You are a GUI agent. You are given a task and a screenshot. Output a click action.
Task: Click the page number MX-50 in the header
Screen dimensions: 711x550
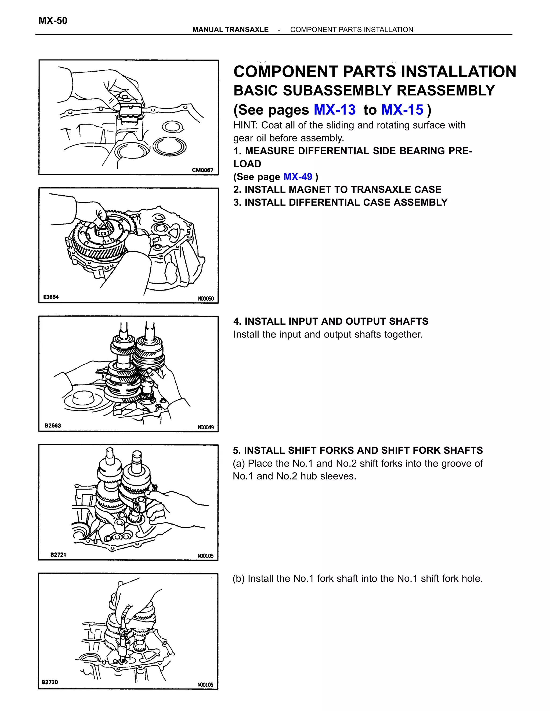53,21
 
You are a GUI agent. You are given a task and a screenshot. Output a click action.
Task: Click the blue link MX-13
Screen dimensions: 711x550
335,110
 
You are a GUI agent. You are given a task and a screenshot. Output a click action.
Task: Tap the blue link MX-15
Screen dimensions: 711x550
402,110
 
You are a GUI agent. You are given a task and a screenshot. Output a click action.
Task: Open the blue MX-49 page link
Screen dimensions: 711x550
298,177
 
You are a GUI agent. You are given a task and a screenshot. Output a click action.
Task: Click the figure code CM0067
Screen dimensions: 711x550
202,170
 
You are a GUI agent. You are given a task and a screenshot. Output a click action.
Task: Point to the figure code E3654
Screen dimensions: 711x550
51,297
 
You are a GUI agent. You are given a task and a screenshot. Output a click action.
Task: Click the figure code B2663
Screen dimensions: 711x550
53,426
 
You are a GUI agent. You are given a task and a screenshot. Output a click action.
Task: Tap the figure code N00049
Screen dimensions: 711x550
206,427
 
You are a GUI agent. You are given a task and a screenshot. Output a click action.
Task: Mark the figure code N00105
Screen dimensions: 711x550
205,556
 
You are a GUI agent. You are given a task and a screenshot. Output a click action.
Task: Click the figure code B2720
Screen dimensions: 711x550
50,682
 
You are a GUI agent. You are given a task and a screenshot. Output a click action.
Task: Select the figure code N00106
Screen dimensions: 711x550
205,685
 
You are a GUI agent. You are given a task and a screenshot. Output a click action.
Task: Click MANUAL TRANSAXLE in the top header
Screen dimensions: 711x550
230,30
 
